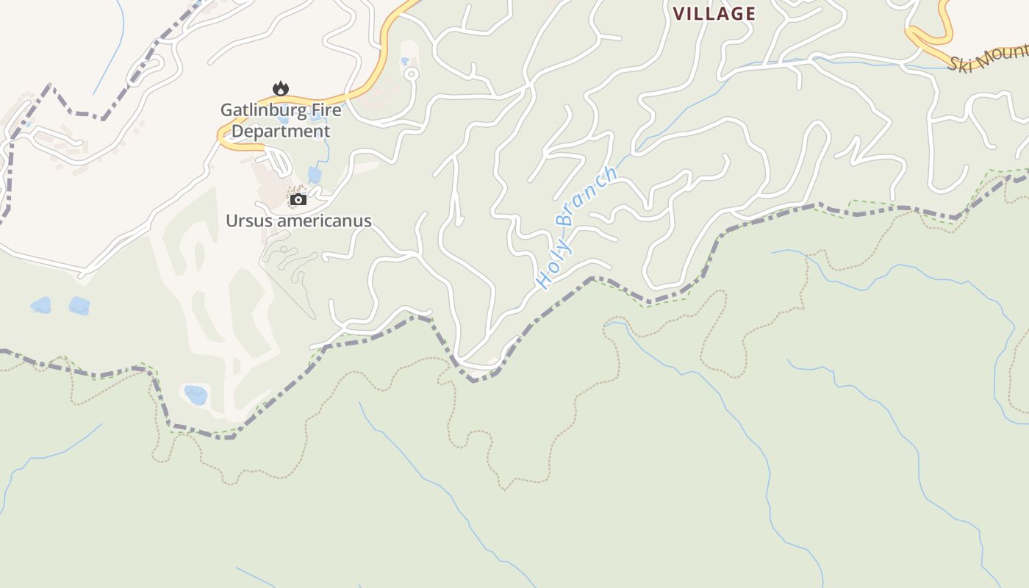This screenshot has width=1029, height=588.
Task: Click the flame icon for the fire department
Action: tap(281, 89)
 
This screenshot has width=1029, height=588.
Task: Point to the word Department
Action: tap(281, 132)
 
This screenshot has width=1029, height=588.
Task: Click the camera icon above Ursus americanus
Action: tap(298, 199)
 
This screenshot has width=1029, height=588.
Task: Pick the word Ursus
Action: tap(247, 220)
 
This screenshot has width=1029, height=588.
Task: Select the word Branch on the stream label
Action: tap(588, 196)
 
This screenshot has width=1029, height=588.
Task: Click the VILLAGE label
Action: tap(714, 13)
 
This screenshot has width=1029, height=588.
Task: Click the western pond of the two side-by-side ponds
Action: tap(41, 305)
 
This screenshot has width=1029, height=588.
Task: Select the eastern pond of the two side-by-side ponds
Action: tap(79, 306)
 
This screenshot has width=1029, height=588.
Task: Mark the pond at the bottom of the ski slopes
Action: tap(196, 395)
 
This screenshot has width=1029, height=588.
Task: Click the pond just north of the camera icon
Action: tap(315, 175)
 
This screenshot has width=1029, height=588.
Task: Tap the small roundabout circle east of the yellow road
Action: tap(412, 73)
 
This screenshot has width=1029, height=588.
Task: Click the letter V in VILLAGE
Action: tap(679, 13)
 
